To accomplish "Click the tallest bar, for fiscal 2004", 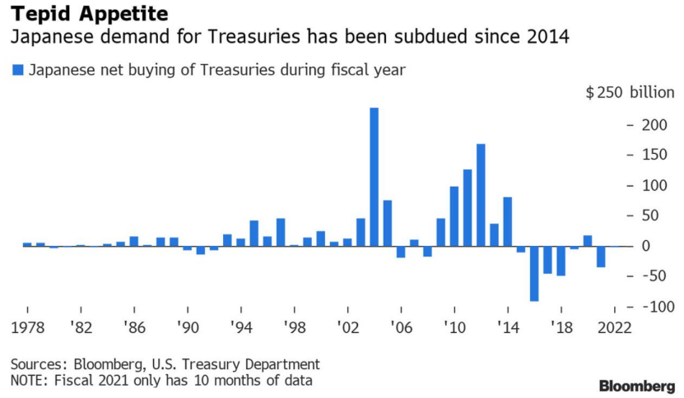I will pos(374,177).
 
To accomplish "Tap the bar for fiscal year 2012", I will pos(481,195).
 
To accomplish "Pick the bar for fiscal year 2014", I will pos(508,221).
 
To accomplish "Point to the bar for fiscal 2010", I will pos(454,216).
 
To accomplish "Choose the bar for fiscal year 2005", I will pos(387,223).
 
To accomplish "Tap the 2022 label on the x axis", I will pos(614,326).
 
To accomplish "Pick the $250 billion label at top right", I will pos(630,93).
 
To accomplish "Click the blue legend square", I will pos(17,70).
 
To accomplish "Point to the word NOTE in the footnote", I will pos(29,381).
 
